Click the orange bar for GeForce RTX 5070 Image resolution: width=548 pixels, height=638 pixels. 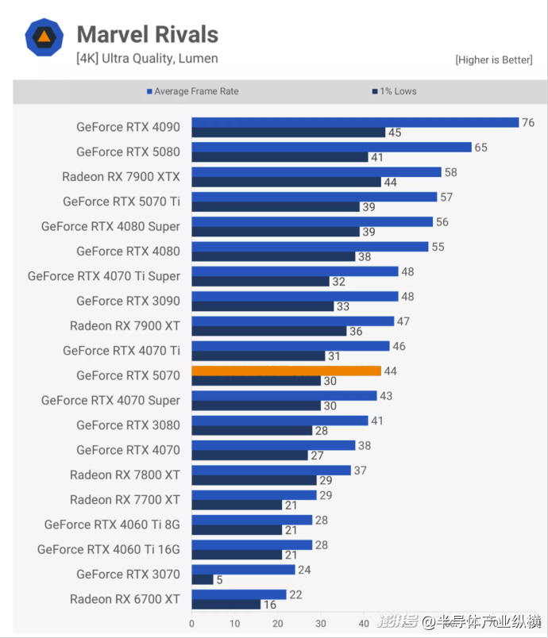pos(287,371)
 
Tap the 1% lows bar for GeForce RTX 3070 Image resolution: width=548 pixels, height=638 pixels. pos(203,579)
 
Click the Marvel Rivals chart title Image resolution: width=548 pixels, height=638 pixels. pos(147,35)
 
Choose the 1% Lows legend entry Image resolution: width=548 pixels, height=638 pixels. pos(394,91)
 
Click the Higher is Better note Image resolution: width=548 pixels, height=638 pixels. pos(493,60)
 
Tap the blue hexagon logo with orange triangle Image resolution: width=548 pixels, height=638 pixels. pos(44,37)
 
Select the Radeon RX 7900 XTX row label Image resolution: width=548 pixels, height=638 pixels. pos(121,176)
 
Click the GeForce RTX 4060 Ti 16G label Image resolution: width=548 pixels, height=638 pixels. pos(109,549)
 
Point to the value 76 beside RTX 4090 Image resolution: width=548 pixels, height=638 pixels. pos(528,122)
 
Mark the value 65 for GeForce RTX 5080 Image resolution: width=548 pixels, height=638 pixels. pos(480,148)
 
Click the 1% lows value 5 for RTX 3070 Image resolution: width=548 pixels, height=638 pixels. pos(219,579)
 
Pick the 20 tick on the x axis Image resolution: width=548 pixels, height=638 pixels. pos(278,624)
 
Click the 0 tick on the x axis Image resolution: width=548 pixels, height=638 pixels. pos(191,624)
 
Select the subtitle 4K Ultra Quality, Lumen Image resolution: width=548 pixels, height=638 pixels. pos(147,58)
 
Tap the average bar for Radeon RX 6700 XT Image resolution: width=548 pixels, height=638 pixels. pos(239,594)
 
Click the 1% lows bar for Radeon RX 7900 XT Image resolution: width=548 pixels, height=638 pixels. pos(269,331)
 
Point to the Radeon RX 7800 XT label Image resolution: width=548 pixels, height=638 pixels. pos(125,475)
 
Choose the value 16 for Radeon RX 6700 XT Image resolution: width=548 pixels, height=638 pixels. pos(271,605)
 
